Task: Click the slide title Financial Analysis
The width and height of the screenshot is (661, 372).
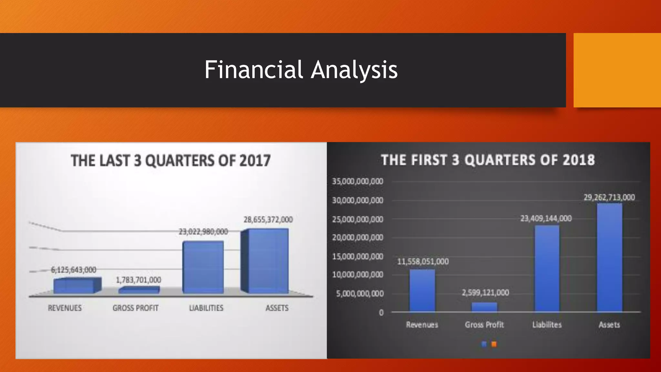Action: [301, 70]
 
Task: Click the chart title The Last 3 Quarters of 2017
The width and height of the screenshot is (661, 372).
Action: [170, 160]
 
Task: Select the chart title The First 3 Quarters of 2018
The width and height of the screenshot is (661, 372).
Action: [488, 160]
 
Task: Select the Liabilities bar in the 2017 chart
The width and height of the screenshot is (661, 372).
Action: [203, 267]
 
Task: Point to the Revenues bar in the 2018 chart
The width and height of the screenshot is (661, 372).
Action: [422, 291]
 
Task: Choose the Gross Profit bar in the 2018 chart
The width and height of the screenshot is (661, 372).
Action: [484, 307]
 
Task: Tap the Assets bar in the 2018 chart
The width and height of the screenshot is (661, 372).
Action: [609, 258]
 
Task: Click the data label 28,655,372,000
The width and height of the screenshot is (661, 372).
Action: [268, 220]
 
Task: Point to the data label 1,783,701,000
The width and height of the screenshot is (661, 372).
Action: [138, 280]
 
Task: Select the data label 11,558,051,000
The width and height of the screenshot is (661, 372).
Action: [422, 261]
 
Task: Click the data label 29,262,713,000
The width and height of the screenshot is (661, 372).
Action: [609, 197]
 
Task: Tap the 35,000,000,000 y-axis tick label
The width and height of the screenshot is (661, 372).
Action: [358, 181]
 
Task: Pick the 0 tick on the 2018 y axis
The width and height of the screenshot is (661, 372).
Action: [381, 313]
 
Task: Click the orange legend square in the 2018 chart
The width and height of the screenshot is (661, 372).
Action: [494, 344]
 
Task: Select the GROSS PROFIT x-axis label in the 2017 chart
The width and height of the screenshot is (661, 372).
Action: [136, 308]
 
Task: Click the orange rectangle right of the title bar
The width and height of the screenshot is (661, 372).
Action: [617, 70]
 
